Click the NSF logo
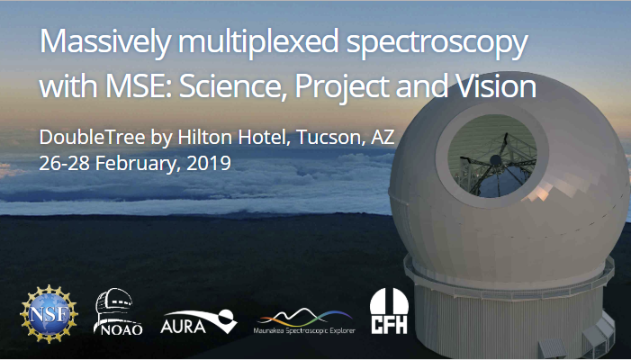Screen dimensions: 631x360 [50, 314]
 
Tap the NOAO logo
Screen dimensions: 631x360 [118, 311]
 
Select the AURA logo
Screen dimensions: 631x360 [199, 321]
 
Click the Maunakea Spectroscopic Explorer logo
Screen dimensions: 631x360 [304, 320]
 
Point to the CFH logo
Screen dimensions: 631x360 [389, 310]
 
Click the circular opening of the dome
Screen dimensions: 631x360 [492, 156]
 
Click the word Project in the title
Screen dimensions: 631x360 [342, 87]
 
